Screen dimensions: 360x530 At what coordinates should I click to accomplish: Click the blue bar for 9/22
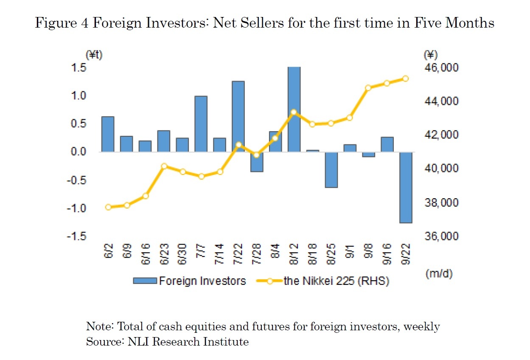pos(406,187)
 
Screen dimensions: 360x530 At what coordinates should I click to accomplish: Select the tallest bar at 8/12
pos(294,109)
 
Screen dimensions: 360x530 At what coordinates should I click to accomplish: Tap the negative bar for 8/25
pos(331,169)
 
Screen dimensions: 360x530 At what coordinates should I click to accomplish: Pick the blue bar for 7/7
pos(201,124)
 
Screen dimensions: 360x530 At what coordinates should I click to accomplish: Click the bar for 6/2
pos(108,134)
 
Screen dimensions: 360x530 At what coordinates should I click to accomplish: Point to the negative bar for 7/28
pos(257,162)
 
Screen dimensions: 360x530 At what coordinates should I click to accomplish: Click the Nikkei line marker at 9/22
pos(405,79)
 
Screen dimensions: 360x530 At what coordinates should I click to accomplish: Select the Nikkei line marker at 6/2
pos(108,207)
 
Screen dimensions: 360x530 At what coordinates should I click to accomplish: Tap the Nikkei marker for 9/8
pos(368,88)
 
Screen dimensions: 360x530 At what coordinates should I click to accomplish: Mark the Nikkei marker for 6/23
pos(164,166)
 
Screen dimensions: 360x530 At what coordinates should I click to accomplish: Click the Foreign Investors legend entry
pos(189,281)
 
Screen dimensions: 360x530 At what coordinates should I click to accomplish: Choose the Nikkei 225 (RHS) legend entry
pos(322,281)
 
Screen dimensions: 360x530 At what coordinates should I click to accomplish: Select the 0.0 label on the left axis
pos(77,152)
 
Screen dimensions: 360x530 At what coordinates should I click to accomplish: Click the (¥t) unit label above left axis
pos(94,54)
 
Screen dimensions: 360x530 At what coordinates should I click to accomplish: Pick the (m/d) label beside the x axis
pos(438,274)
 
